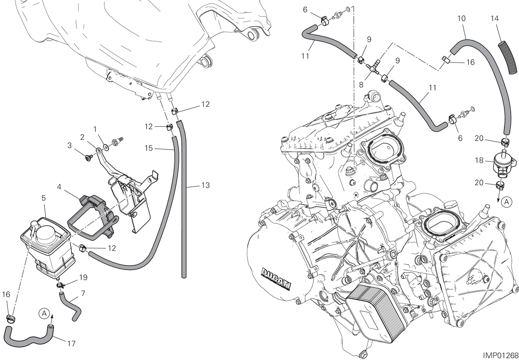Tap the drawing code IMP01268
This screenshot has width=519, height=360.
point(500,355)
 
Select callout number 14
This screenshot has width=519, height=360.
point(495,18)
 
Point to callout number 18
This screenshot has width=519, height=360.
point(479,160)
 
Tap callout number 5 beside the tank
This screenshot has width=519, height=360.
point(44,198)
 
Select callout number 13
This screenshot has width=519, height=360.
point(205,185)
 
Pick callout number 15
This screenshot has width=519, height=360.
point(149,148)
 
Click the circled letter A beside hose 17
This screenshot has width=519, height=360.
point(44,314)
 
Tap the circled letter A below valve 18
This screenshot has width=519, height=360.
point(507,202)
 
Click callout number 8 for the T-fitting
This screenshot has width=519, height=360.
point(361,85)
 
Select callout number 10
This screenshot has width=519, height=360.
point(461,18)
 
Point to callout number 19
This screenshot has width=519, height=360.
point(83,277)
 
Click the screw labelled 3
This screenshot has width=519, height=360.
point(88,158)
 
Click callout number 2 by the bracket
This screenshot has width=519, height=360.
point(82,137)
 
